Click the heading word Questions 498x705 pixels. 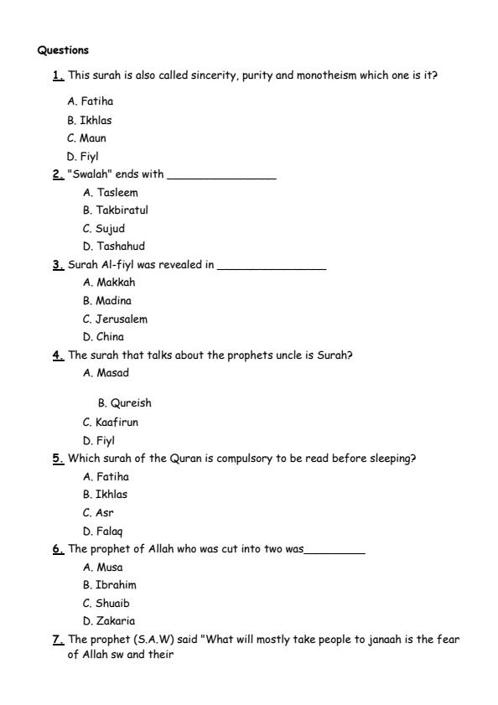click(63, 50)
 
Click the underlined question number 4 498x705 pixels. click(58, 355)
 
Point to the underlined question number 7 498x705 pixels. click(58, 640)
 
